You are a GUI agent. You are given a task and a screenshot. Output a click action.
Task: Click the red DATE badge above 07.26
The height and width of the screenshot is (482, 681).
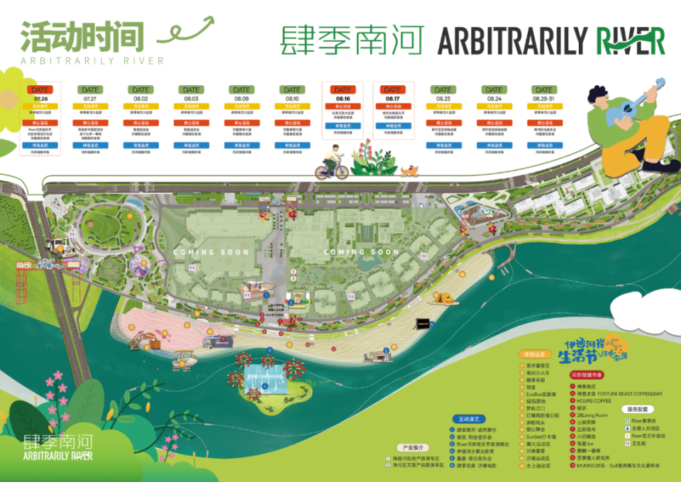pos(40,90)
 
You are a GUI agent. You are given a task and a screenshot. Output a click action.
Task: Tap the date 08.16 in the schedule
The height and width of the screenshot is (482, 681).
pos(343,99)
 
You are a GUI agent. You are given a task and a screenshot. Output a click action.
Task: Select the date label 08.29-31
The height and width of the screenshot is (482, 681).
pos(543,99)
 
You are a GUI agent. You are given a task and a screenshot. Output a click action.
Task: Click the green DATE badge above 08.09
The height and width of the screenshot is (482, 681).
pos(242,90)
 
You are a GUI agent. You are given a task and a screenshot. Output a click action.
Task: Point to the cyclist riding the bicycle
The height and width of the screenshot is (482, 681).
pos(332,162)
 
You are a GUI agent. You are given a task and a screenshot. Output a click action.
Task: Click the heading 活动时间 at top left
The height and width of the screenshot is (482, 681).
pos(82,35)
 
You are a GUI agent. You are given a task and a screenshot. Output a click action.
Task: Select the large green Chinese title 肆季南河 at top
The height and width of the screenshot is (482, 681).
pos(352,40)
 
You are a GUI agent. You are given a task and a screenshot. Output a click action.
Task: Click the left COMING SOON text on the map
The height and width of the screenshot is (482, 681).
pos(211,252)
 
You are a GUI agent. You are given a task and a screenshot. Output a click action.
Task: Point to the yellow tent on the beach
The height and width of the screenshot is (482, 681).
pos(442,299)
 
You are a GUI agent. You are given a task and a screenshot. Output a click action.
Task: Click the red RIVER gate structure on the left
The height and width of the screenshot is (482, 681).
pos(26,268)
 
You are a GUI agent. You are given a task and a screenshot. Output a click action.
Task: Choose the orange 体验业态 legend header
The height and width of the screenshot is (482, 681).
pos(537,353)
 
